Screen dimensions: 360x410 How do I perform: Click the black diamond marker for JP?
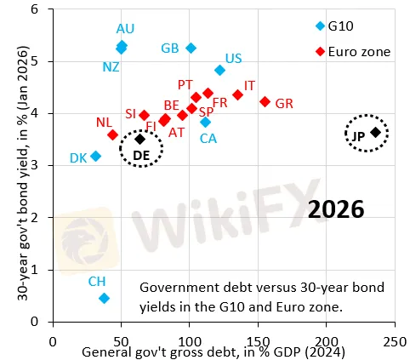(x=375, y=132)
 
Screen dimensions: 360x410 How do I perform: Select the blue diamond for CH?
(x=104, y=298)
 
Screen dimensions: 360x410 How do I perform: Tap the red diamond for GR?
(x=265, y=101)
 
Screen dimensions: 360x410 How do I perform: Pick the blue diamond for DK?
(x=96, y=156)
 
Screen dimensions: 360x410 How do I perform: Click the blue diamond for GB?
(x=191, y=48)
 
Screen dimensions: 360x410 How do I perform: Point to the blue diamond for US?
(x=220, y=70)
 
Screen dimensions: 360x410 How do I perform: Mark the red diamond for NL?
(x=113, y=134)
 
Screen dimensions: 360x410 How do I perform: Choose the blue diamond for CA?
(x=205, y=123)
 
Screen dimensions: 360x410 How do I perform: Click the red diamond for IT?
(x=237, y=94)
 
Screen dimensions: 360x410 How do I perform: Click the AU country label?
(x=125, y=29)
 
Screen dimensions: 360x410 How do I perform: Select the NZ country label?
(x=111, y=66)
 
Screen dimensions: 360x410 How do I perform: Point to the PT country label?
(x=185, y=84)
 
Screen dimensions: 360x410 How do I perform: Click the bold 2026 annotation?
(x=336, y=208)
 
